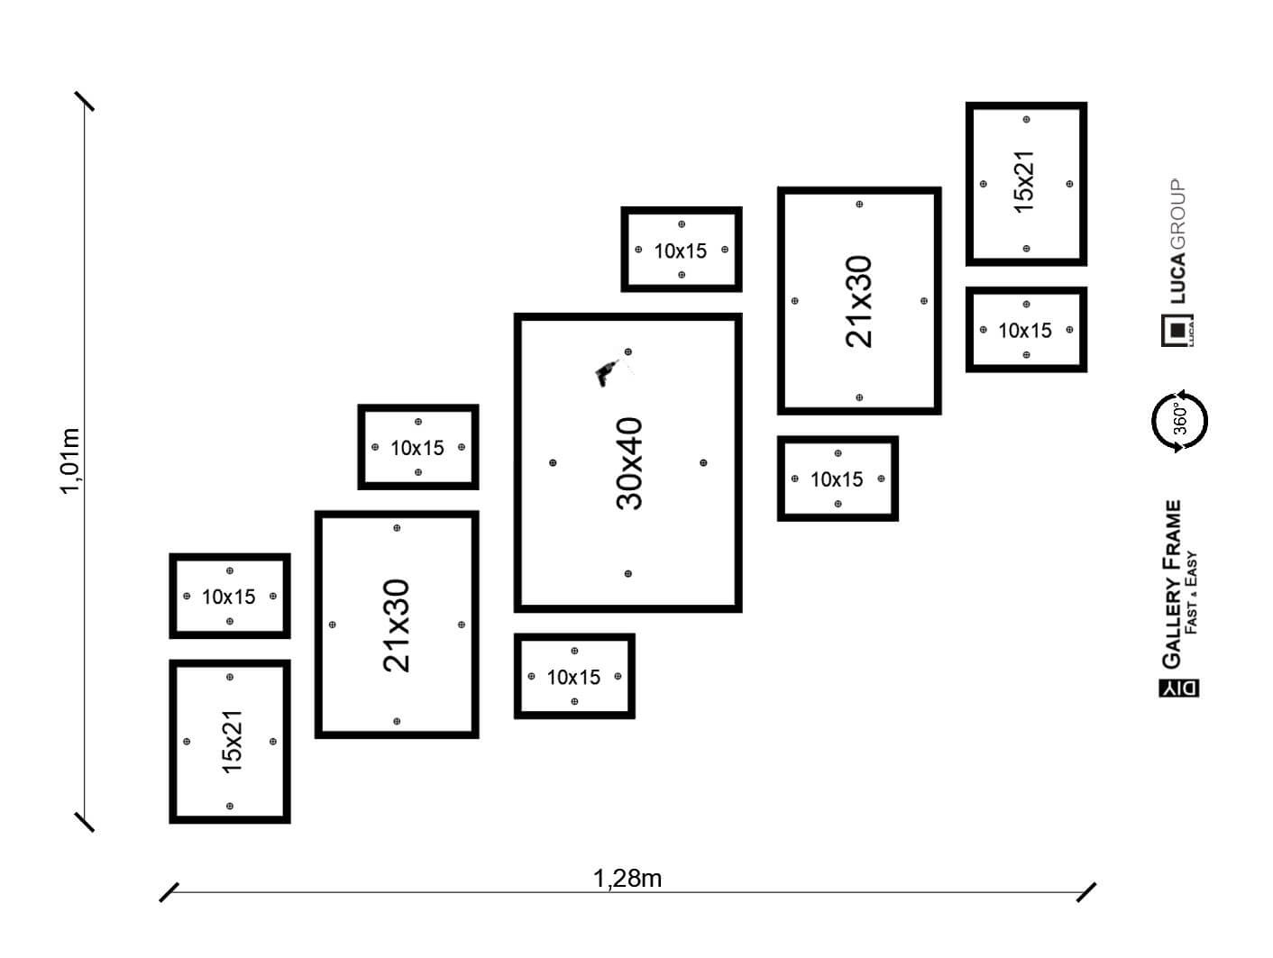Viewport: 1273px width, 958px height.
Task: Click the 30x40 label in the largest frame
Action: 629,463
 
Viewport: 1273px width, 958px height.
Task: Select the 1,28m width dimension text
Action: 627,878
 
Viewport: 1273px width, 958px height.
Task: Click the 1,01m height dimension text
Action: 71,461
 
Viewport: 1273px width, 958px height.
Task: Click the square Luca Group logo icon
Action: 1178,331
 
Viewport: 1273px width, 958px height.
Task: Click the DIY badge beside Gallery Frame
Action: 1178,687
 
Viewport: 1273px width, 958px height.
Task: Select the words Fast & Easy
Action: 1192,592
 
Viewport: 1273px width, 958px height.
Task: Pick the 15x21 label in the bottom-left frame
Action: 232,741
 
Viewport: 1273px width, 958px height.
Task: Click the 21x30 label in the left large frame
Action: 397,625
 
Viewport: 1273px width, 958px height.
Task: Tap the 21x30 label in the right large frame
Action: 859,301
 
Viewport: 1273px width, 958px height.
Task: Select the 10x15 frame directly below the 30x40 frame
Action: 574,676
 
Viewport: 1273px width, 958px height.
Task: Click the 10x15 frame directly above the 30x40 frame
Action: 681,250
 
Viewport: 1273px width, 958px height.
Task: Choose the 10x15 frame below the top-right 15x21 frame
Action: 1026,330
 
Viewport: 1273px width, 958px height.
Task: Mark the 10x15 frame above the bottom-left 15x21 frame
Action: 230,596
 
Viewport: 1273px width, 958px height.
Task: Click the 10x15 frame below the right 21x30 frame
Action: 838,479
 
